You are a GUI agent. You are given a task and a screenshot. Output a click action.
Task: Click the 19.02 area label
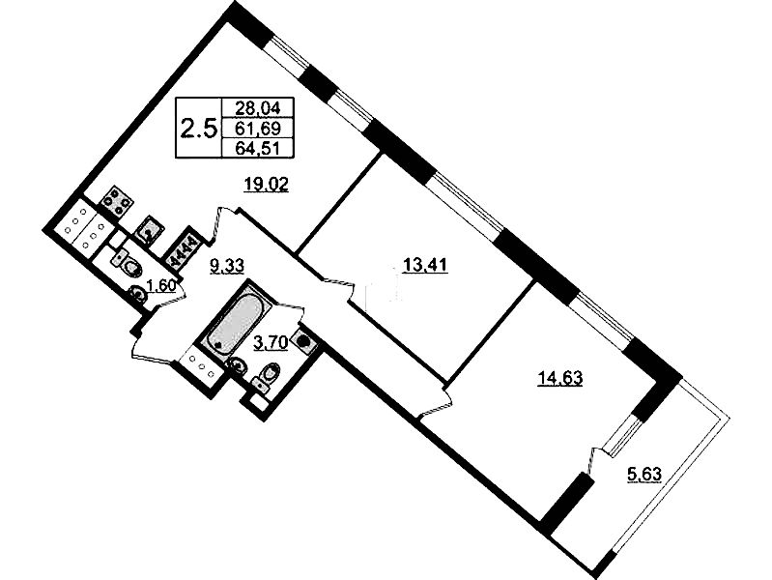coord(267,186)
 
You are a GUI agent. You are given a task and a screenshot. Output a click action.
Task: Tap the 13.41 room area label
coord(425,266)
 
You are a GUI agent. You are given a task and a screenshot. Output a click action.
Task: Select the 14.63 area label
coord(559,379)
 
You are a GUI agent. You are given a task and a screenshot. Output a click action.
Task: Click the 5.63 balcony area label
coord(644,475)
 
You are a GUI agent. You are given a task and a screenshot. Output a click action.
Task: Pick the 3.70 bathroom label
coord(271,342)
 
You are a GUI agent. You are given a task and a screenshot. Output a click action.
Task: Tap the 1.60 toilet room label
coord(162,285)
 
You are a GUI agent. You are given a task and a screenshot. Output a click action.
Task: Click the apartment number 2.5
coord(198,130)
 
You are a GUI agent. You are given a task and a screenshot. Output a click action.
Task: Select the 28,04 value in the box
coord(258,107)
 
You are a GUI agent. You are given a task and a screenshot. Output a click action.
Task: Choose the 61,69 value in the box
coord(258,129)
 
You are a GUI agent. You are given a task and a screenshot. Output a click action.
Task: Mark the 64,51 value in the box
coord(258,148)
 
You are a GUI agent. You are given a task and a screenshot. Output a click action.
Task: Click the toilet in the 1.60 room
coord(127,263)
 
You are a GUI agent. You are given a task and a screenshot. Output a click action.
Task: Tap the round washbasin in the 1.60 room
coord(139,295)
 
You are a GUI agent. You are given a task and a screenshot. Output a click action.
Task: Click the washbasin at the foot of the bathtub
coord(237,365)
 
